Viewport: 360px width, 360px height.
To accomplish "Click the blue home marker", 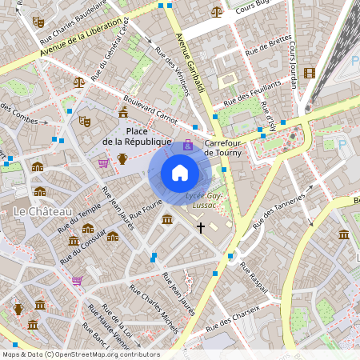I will [x=180, y=173].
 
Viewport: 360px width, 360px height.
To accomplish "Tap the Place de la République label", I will [x=138, y=136].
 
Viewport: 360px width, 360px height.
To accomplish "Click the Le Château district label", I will [x=42, y=210].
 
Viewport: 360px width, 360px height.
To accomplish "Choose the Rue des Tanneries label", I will [x=279, y=211].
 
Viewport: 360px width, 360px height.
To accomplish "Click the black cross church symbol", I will [x=200, y=228].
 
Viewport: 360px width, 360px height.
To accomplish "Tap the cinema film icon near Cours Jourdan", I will [x=310, y=73].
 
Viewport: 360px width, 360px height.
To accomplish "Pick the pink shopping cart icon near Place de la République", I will [x=103, y=162].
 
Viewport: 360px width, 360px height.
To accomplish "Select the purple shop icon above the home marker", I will [x=188, y=145].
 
